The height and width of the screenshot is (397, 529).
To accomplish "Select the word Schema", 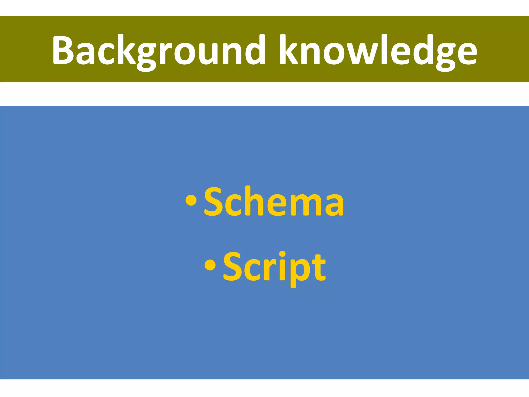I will pyautogui.click(x=274, y=202).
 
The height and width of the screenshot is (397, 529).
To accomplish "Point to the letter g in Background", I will pyautogui.click(x=146, y=56).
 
